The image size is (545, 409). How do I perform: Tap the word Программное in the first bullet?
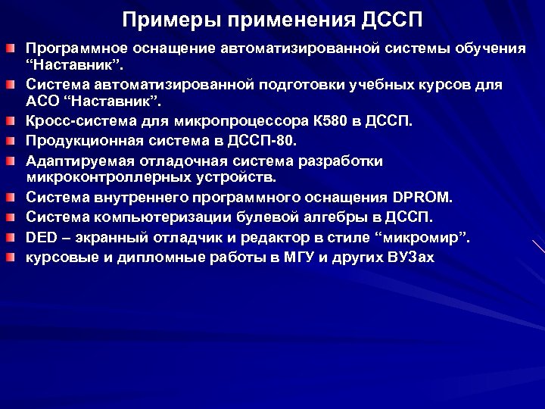(x=74, y=48)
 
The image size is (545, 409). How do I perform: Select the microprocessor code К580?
(x=328, y=120)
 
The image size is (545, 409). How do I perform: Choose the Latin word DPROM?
(x=422, y=198)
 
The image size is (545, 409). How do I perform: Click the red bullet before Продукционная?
(x=10, y=139)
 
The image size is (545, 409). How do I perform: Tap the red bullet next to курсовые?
(x=10, y=257)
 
